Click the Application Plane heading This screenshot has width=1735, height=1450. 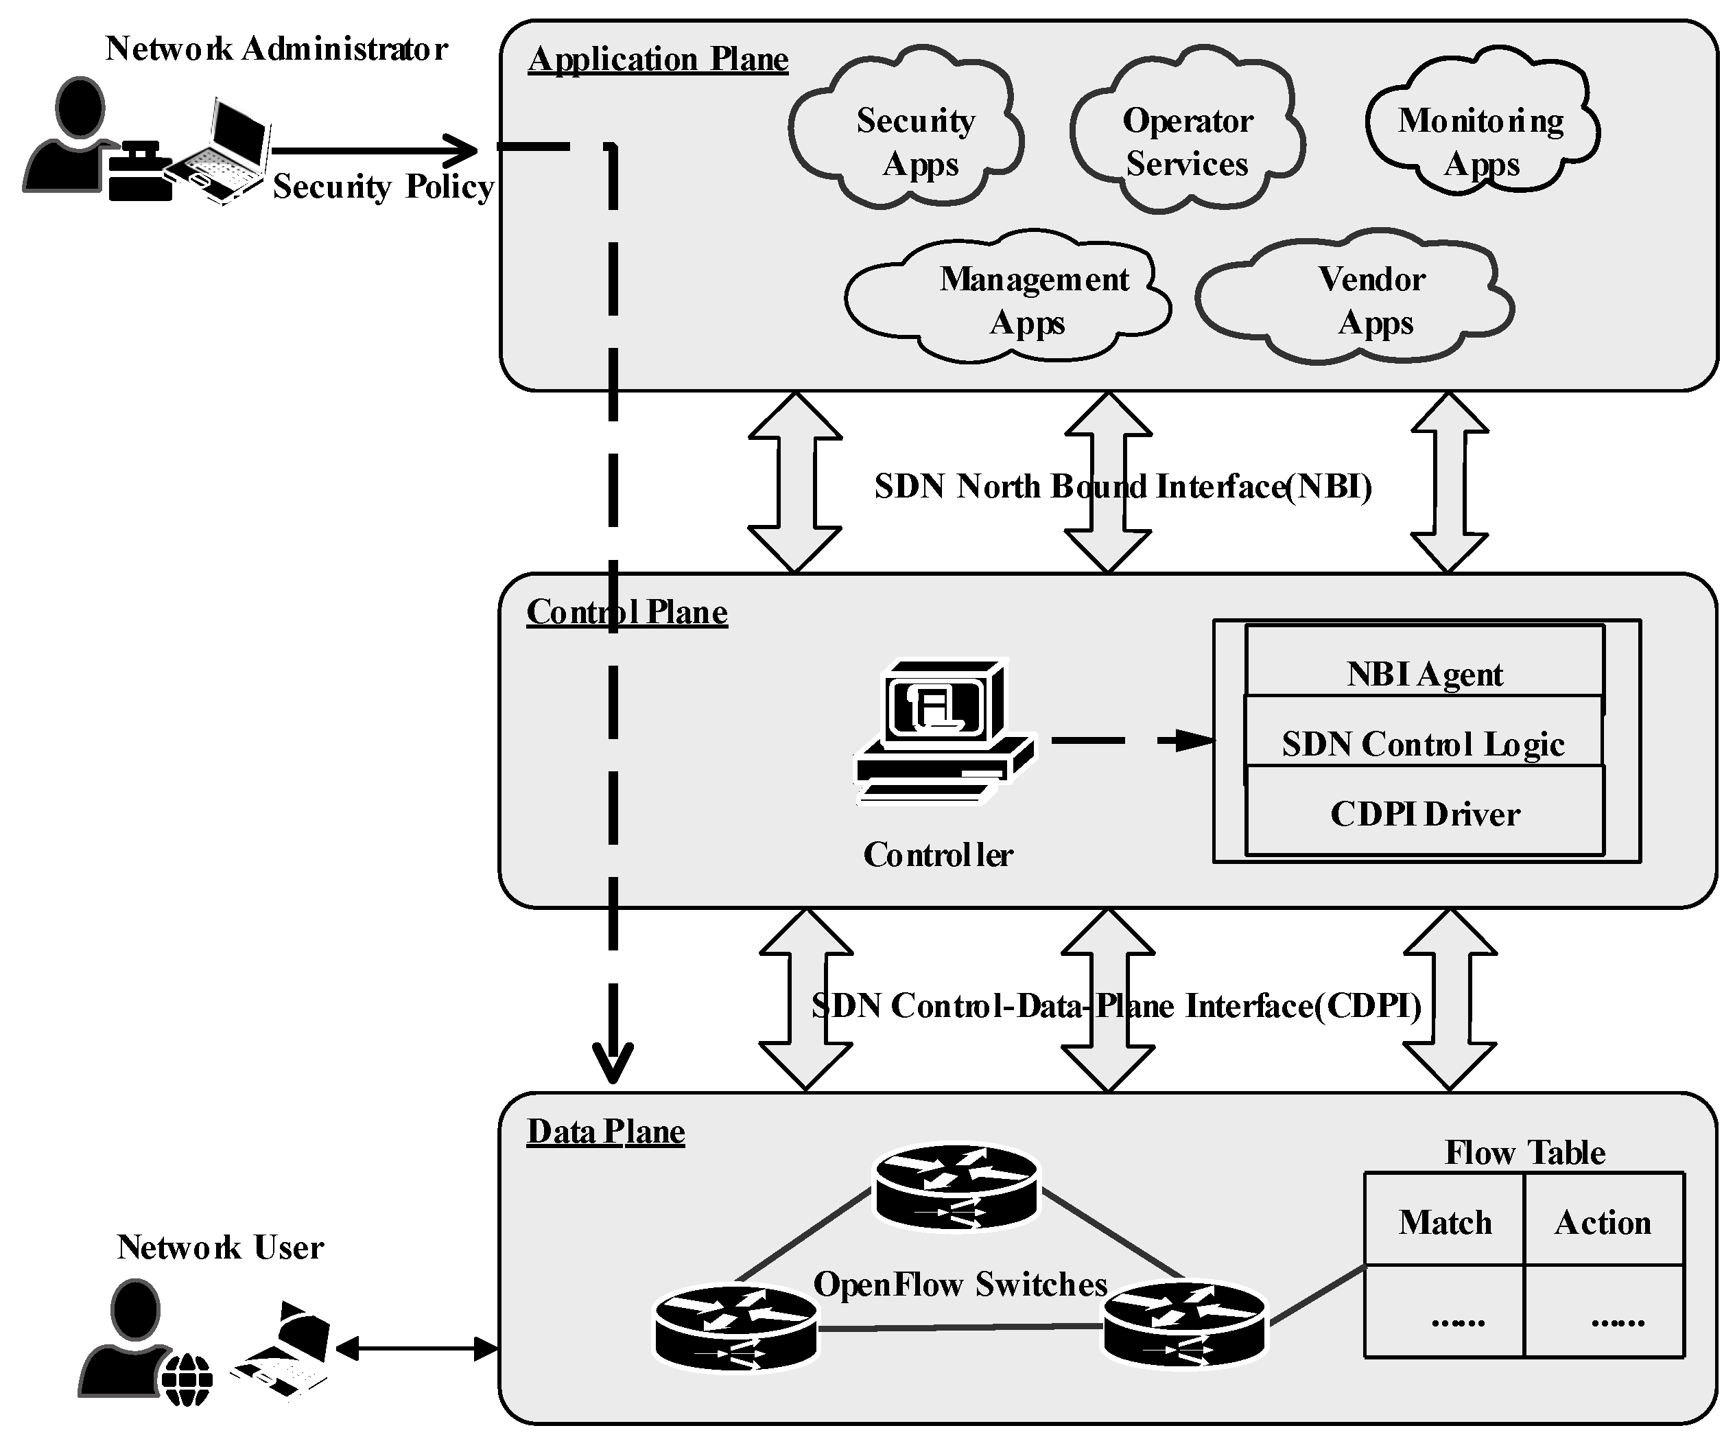point(658,60)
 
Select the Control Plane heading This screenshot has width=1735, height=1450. point(626,612)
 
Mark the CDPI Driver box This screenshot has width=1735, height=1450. point(1424,813)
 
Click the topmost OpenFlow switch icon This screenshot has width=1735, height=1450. point(957,1186)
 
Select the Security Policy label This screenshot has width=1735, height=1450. point(383,187)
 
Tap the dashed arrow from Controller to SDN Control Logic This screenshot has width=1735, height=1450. point(1132,740)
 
